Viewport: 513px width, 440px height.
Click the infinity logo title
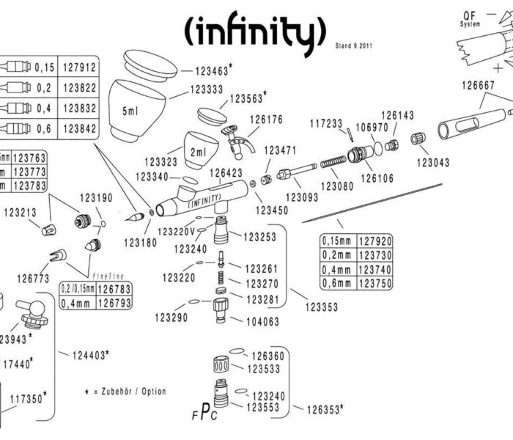(253, 30)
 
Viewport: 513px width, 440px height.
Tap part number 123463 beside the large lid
(211, 71)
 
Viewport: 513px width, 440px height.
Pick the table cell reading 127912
(76, 68)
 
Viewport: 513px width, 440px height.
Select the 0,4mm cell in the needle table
(339, 269)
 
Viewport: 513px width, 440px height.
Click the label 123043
(433, 163)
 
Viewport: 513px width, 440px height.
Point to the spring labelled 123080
(337, 161)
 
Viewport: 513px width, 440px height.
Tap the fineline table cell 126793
(114, 302)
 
